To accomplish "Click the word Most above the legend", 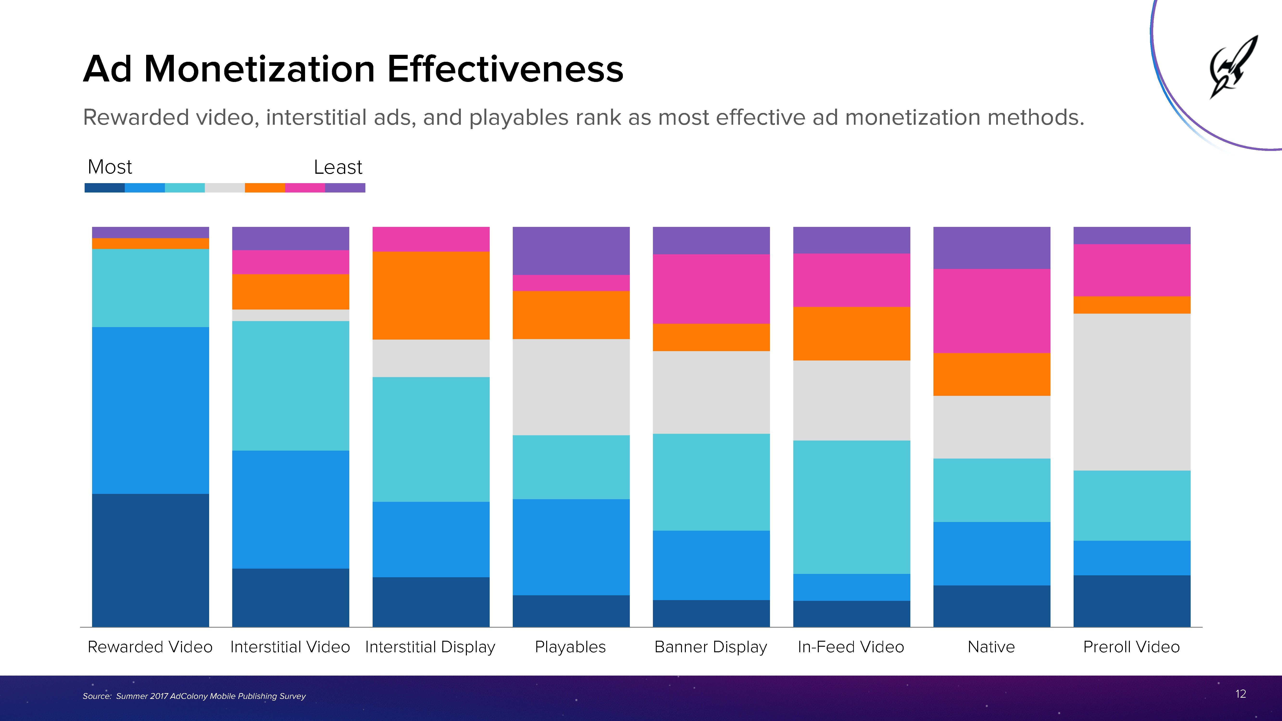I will coord(109,167).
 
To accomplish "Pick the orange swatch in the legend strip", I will coord(265,188).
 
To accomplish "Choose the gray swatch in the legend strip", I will coord(225,188).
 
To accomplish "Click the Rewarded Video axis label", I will coord(150,647).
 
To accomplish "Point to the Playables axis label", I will coord(570,647).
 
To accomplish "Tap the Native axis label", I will coord(991,647).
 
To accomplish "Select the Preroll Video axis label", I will coord(1131,647).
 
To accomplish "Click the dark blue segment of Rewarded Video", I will coord(150,560).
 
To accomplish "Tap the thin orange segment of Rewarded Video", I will coord(150,243).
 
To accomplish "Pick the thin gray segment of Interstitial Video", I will coord(291,315).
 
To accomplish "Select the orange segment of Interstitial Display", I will coord(431,296).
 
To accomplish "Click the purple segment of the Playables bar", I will coord(571,251).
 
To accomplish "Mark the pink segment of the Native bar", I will coord(991,311).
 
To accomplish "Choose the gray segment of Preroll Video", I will coord(1132,392).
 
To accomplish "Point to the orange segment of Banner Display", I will coord(711,337).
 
